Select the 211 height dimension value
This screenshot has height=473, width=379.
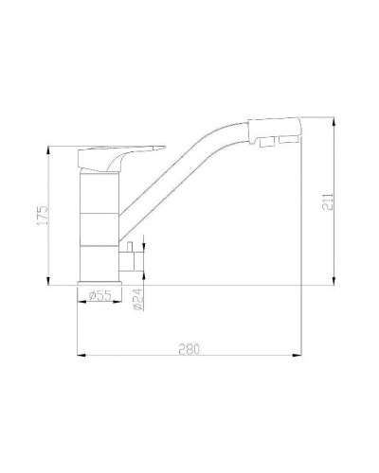[x=327, y=201]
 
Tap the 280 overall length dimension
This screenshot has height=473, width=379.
[x=189, y=350]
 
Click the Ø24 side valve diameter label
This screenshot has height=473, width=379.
[x=137, y=300]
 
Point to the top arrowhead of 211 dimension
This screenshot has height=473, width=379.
[x=334, y=121]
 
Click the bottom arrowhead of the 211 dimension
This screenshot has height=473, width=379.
[x=334, y=280]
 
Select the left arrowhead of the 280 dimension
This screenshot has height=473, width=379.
[x=79, y=356]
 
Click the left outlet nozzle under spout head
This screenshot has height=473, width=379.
[x=259, y=143]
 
